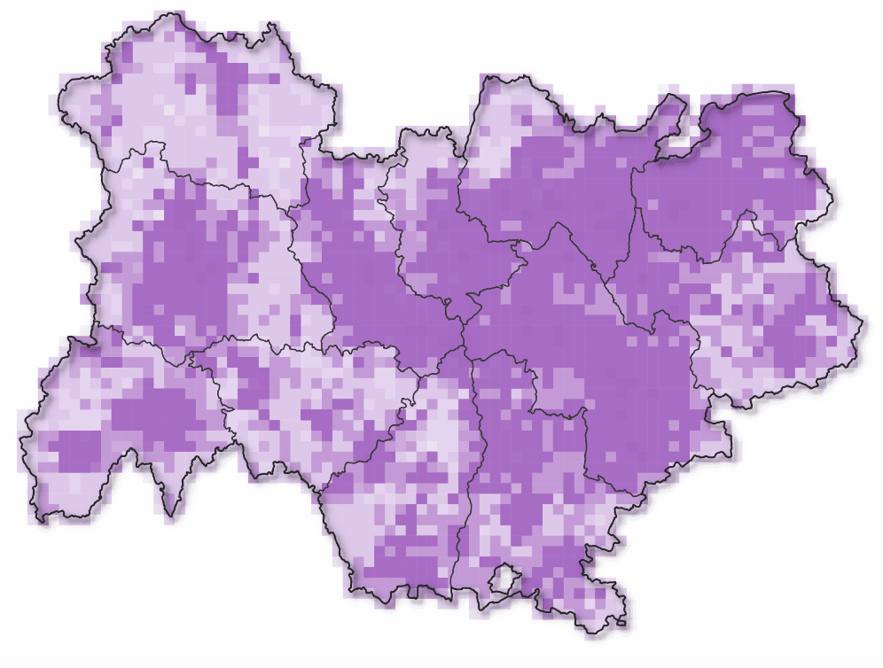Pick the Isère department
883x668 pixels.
[x=603, y=354]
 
